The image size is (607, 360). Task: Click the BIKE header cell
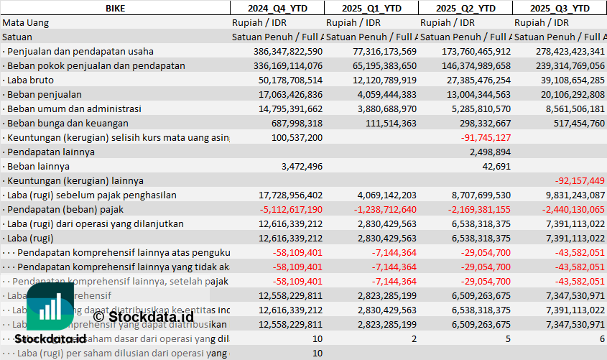115,8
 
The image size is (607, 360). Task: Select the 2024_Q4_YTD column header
277,8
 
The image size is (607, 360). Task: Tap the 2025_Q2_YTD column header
465,8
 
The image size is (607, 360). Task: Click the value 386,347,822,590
288,51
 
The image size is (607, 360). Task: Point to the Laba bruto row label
27,80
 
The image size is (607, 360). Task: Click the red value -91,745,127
486,137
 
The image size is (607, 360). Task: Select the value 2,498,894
489,152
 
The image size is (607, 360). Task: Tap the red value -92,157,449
579,180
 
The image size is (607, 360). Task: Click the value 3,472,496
299,166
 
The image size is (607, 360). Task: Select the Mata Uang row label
26,22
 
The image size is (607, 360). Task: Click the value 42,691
496,166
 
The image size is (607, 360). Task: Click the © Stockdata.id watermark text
143,315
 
